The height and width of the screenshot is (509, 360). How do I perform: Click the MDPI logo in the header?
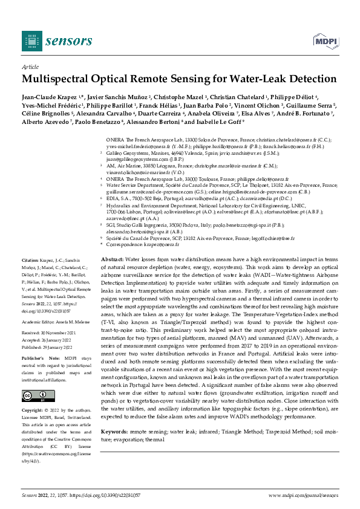click(324, 41)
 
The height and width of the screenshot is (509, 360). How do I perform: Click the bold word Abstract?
click(111, 276)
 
